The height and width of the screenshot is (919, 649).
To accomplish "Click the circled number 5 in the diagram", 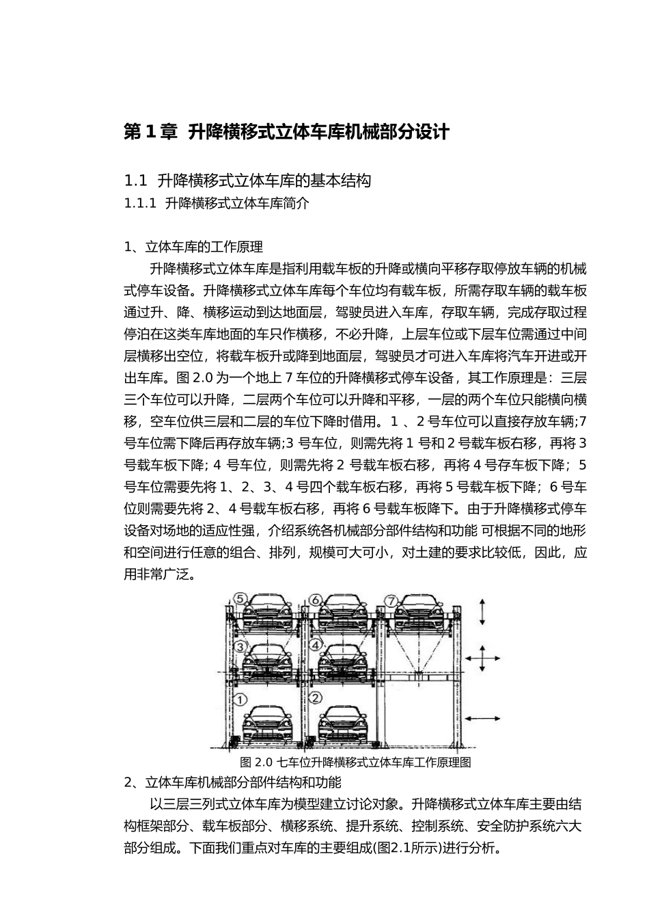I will click(241, 598).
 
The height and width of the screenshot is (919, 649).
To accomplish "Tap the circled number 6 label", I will click(316, 600).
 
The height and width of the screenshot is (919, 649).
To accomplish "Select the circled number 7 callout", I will click(391, 601).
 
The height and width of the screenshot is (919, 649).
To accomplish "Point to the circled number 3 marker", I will click(240, 645).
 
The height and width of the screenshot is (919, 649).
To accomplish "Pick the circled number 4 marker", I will click(316, 644).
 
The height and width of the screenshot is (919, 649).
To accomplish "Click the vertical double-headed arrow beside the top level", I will click(482, 611).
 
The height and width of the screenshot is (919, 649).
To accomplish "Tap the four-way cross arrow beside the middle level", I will click(482, 658).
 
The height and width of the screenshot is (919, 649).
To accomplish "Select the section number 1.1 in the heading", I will click(136, 181).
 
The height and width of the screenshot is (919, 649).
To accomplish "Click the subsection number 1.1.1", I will click(141, 203).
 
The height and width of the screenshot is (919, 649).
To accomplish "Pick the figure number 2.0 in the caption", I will click(264, 762).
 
